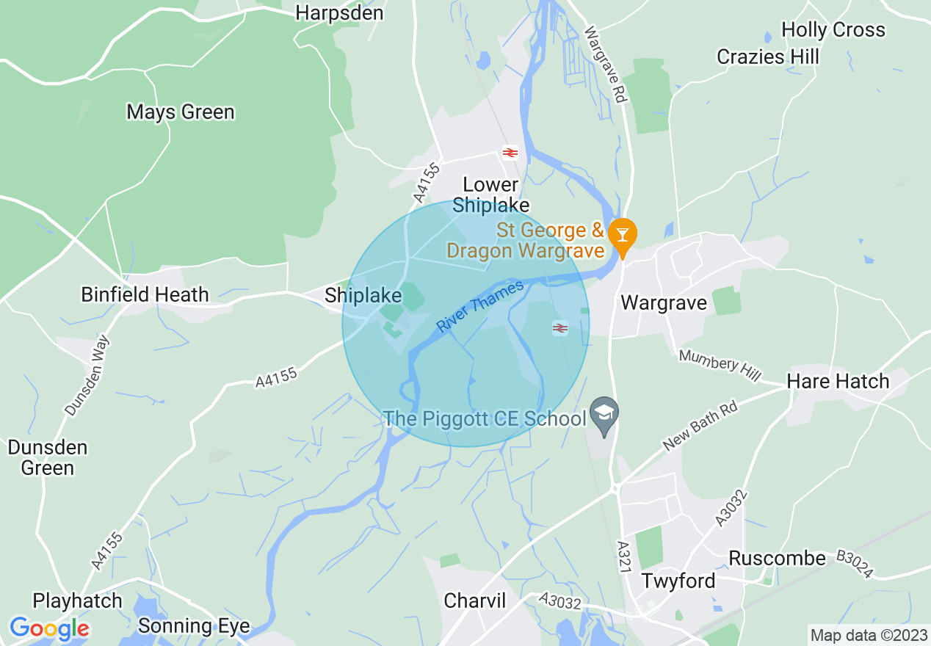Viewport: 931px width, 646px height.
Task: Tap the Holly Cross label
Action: pos(833,30)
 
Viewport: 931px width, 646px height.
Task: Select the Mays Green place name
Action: pos(181,112)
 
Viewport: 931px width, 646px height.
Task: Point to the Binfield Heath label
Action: pos(145,295)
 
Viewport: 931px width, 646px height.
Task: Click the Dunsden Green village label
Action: pos(48,457)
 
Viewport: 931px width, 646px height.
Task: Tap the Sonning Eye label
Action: pos(194,626)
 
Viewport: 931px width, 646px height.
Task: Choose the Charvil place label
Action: pos(475,601)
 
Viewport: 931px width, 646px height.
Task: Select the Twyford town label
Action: pos(678,581)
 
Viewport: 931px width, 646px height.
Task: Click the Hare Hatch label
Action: pos(838,382)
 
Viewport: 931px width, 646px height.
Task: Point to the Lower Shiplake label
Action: pos(490,195)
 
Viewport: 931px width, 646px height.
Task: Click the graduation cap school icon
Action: pos(604,413)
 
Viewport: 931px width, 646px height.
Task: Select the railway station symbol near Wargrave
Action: pos(560,328)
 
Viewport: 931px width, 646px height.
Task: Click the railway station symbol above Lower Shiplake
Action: pos(510,152)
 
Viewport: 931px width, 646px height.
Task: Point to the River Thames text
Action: pos(481,306)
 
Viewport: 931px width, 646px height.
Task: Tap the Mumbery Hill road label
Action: pos(720,365)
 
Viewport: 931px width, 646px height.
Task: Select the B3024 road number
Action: pos(855,565)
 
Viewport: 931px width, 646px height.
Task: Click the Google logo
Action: pos(49,628)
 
